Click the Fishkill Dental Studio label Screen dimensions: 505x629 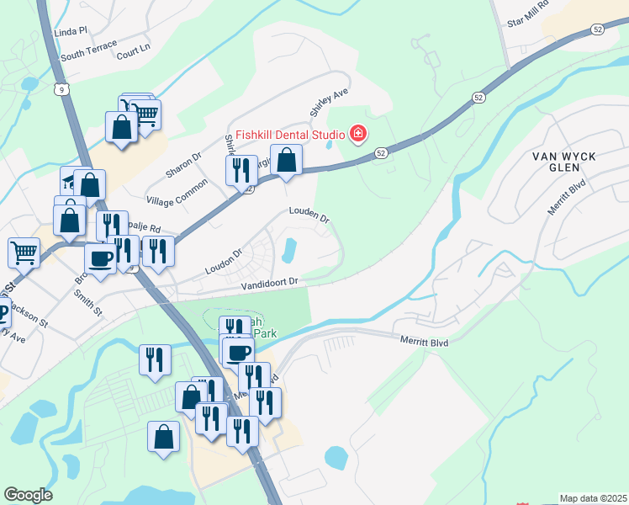290,134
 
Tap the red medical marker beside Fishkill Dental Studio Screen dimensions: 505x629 359,134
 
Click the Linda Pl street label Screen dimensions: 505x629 71,31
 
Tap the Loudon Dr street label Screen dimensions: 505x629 225,261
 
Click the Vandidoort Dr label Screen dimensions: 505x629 269,284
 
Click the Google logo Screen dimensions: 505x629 28,495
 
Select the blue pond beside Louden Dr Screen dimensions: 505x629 291,249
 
